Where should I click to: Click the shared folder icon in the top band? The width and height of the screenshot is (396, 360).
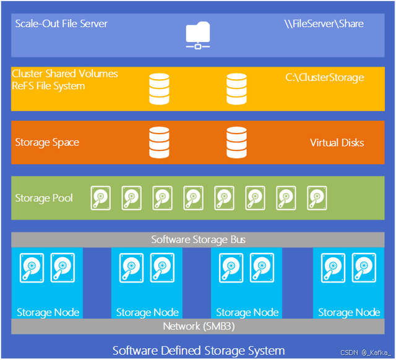(x=198, y=35)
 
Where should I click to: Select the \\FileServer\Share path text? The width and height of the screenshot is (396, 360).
(x=324, y=24)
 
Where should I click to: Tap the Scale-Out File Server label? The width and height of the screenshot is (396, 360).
(x=61, y=24)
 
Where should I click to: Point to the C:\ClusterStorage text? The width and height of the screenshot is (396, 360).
(x=324, y=78)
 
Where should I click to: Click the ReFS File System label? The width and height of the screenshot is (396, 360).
(x=48, y=86)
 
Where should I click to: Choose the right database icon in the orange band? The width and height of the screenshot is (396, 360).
(x=236, y=142)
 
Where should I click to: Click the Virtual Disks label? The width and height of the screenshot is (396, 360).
(x=337, y=143)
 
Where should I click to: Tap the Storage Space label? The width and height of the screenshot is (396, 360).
(x=47, y=143)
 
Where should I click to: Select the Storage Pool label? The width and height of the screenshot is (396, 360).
(x=44, y=199)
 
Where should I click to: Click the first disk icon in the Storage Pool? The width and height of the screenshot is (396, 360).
(x=101, y=198)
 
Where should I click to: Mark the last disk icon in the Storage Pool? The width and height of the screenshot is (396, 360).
(x=317, y=198)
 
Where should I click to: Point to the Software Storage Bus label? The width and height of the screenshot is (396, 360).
(x=198, y=239)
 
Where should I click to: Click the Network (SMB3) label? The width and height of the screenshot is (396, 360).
(x=198, y=327)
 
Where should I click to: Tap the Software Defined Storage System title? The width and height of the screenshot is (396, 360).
(x=198, y=351)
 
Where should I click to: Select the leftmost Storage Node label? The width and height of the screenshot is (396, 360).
(x=48, y=312)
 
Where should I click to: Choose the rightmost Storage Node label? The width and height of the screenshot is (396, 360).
(x=349, y=312)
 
